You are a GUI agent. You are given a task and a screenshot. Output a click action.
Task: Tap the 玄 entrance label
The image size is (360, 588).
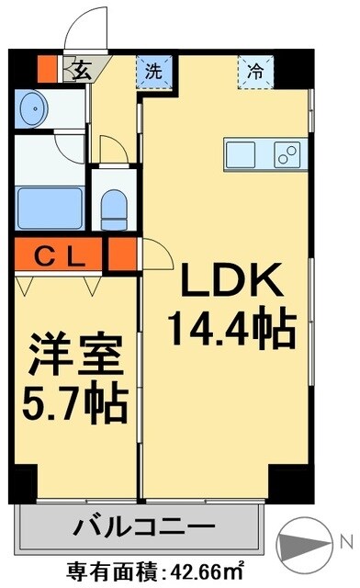tap(82, 68)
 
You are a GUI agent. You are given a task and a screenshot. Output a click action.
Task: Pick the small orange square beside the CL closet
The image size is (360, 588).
tap(120, 254)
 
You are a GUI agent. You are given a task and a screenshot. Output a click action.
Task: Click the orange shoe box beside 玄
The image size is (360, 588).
tap(47, 67)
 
